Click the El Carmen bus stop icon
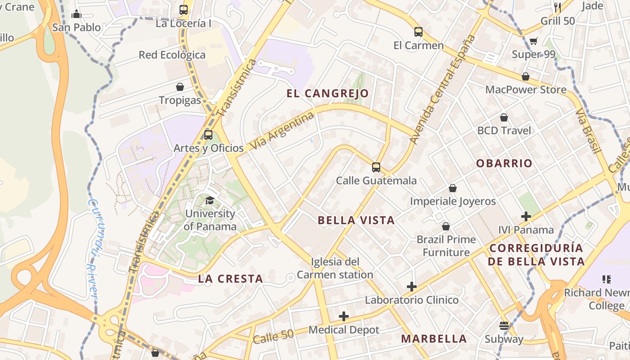point(418,32)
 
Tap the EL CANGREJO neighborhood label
point(328,94)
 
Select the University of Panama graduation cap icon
point(210,200)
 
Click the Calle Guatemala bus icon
point(376,167)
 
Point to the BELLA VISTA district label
point(356,220)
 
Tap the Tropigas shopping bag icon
point(180,86)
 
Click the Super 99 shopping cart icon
point(534,41)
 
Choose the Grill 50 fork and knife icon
point(558,7)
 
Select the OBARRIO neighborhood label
point(504,163)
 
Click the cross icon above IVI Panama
point(526,216)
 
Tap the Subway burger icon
point(504,325)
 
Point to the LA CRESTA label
point(230,279)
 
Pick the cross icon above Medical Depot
point(344,316)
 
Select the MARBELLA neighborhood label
point(434,338)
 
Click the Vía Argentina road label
point(282,131)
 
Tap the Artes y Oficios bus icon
point(208,135)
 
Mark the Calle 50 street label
point(273,336)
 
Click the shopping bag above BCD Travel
point(504,117)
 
